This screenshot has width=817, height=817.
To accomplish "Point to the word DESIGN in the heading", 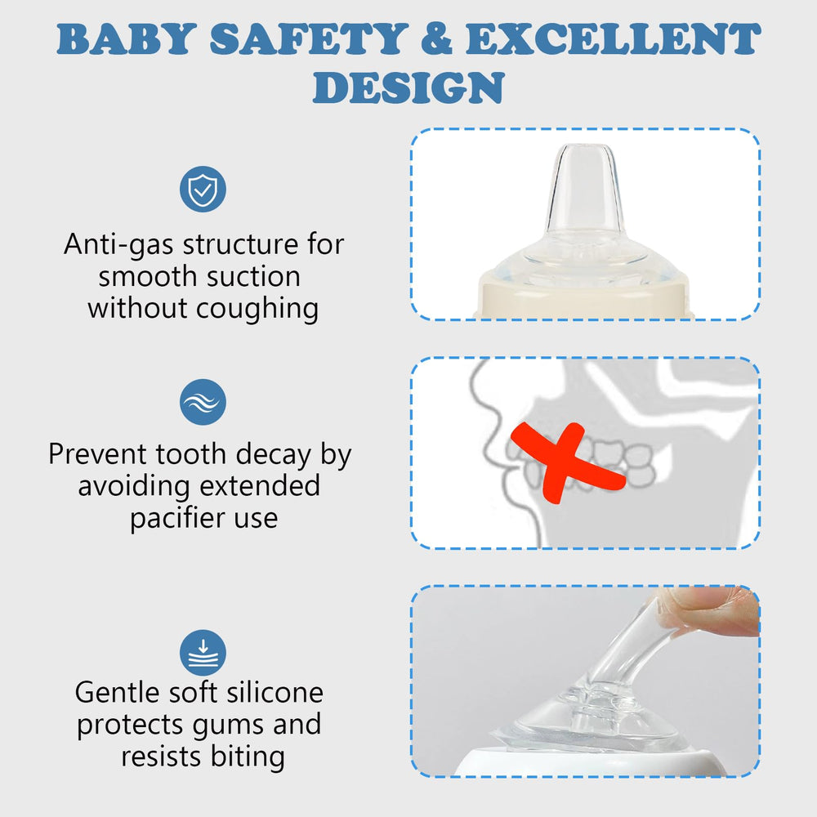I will [x=408, y=88].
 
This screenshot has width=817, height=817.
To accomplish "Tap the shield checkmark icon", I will [x=203, y=190].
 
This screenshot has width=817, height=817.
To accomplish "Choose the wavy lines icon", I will [x=203, y=402].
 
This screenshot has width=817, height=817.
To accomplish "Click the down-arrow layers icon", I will [x=203, y=653].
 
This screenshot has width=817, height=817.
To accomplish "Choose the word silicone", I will [x=274, y=693].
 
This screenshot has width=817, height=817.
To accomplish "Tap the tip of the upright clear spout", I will [x=586, y=152].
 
